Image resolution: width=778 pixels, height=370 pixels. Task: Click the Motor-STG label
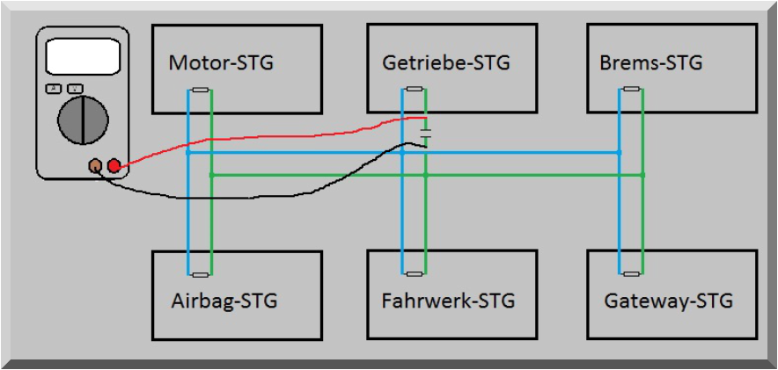221,63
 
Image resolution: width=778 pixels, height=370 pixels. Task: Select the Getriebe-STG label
446,63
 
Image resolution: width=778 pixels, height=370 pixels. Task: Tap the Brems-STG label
650,63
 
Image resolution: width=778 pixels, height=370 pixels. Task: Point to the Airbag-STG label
224,301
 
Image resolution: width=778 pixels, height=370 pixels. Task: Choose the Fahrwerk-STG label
448,301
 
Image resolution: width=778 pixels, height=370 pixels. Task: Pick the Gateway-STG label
668,301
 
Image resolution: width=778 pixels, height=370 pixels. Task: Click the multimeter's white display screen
82,55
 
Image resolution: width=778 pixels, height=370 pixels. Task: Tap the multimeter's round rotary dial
83,120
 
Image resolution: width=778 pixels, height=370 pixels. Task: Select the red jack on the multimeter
114,165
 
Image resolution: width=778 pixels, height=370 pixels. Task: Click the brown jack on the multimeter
96,165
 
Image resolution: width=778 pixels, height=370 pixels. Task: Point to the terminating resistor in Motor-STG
201,90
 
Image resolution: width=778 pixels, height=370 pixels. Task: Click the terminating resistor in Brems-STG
631,90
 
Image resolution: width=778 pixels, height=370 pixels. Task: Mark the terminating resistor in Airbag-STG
201,273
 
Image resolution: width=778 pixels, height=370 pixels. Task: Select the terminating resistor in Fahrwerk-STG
415,273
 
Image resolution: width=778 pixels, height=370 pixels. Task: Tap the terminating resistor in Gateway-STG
631,273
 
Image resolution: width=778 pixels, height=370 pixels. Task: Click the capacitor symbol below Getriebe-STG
426,134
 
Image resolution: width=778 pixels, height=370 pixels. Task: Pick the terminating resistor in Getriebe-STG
415,90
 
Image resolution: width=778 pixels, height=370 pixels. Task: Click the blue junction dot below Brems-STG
620,152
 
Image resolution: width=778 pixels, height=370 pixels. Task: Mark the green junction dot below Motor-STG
212,175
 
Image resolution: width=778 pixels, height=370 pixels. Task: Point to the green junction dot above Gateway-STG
642,175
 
